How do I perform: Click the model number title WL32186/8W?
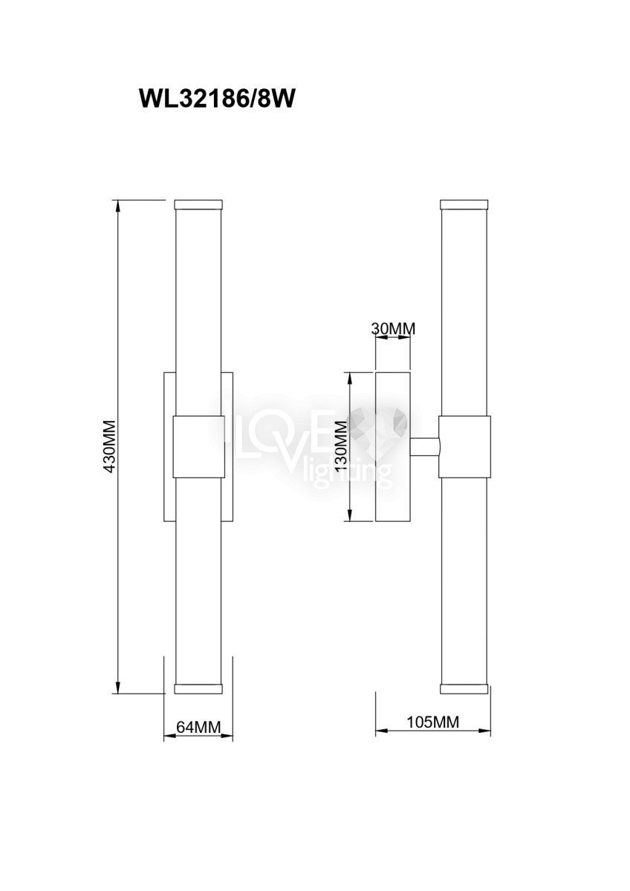pos(217,98)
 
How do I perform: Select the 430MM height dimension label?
pos(109,446)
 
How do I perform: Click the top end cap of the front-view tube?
pos(198,205)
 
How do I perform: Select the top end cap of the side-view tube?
pos(464,205)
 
